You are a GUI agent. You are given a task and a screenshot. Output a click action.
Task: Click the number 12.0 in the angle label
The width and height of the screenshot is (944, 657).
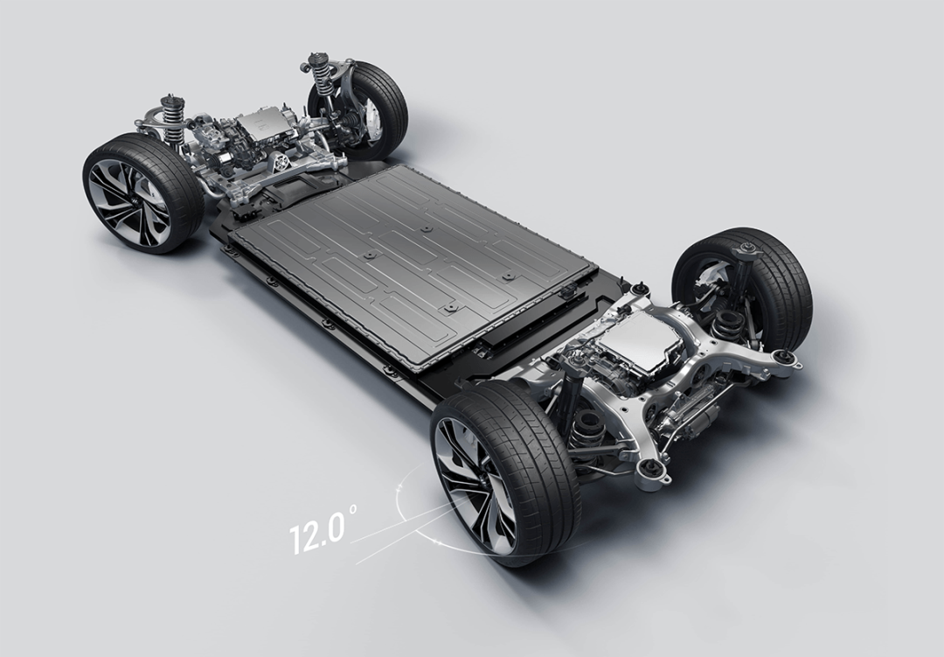(x=318, y=530)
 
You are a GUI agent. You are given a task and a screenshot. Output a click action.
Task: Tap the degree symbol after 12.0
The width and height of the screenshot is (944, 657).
(x=352, y=510)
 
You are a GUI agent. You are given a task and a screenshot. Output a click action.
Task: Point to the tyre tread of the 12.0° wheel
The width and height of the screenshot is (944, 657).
(x=530, y=458)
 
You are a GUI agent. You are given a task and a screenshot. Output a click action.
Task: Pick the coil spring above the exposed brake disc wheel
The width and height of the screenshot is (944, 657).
(x=319, y=80)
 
